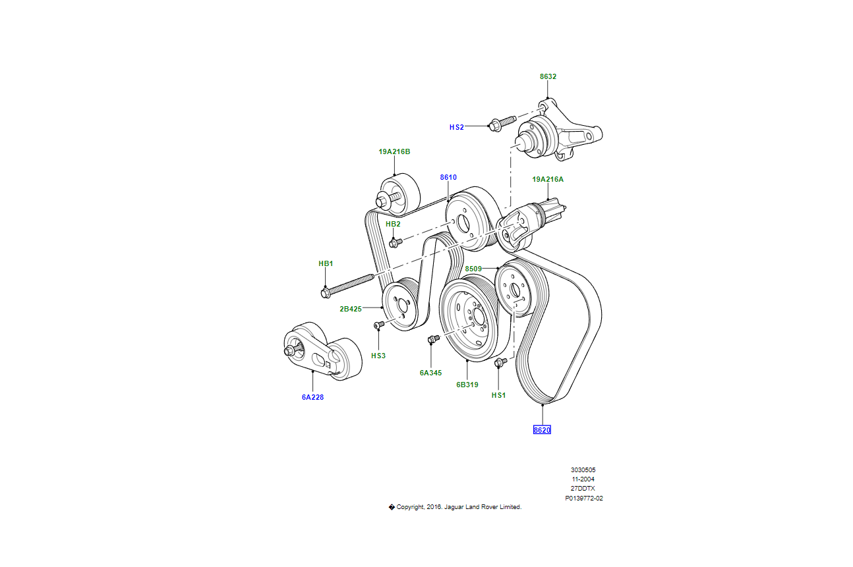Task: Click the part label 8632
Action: (x=548, y=76)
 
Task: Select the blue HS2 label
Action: (x=457, y=127)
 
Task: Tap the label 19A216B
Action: (x=394, y=151)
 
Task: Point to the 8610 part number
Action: (x=448, y=177)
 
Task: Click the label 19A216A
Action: (x=548, y=179)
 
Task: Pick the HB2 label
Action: (x=393, y=224)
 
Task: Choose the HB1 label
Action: (x=326, y=263)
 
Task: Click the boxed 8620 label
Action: (x=542, y=430)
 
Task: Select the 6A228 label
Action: (x=312, y=397)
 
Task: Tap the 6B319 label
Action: (x=467, y=385)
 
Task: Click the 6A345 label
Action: (x=430, y=373)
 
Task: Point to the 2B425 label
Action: (x=351, y=308)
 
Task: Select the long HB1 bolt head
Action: (x=326, y=292)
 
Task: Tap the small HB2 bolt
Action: (x=394, y=243)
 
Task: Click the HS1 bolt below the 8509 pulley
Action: (x=498, y=362)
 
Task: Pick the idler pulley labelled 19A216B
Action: (x=397, y=195)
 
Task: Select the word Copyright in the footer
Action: (x=411, y=507)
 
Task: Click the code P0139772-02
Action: (x=583, y=499)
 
